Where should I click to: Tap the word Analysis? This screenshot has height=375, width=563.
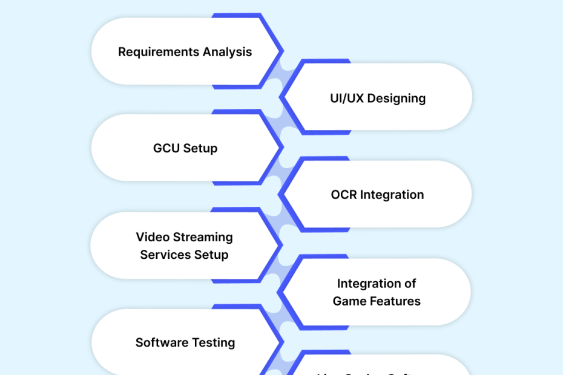click(x=227, y=52)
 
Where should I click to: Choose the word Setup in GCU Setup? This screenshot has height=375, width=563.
click(x=200, y=149)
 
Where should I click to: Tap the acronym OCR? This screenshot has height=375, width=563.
click(x=344, y=195)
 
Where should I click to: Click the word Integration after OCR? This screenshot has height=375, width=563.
click(x=392, y=195)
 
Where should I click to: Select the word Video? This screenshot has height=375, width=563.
click(x=152, y=237)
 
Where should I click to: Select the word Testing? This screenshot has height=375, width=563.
click(x=212, y=342)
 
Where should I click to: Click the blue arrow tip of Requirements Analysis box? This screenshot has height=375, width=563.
click(x=281, y=51)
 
